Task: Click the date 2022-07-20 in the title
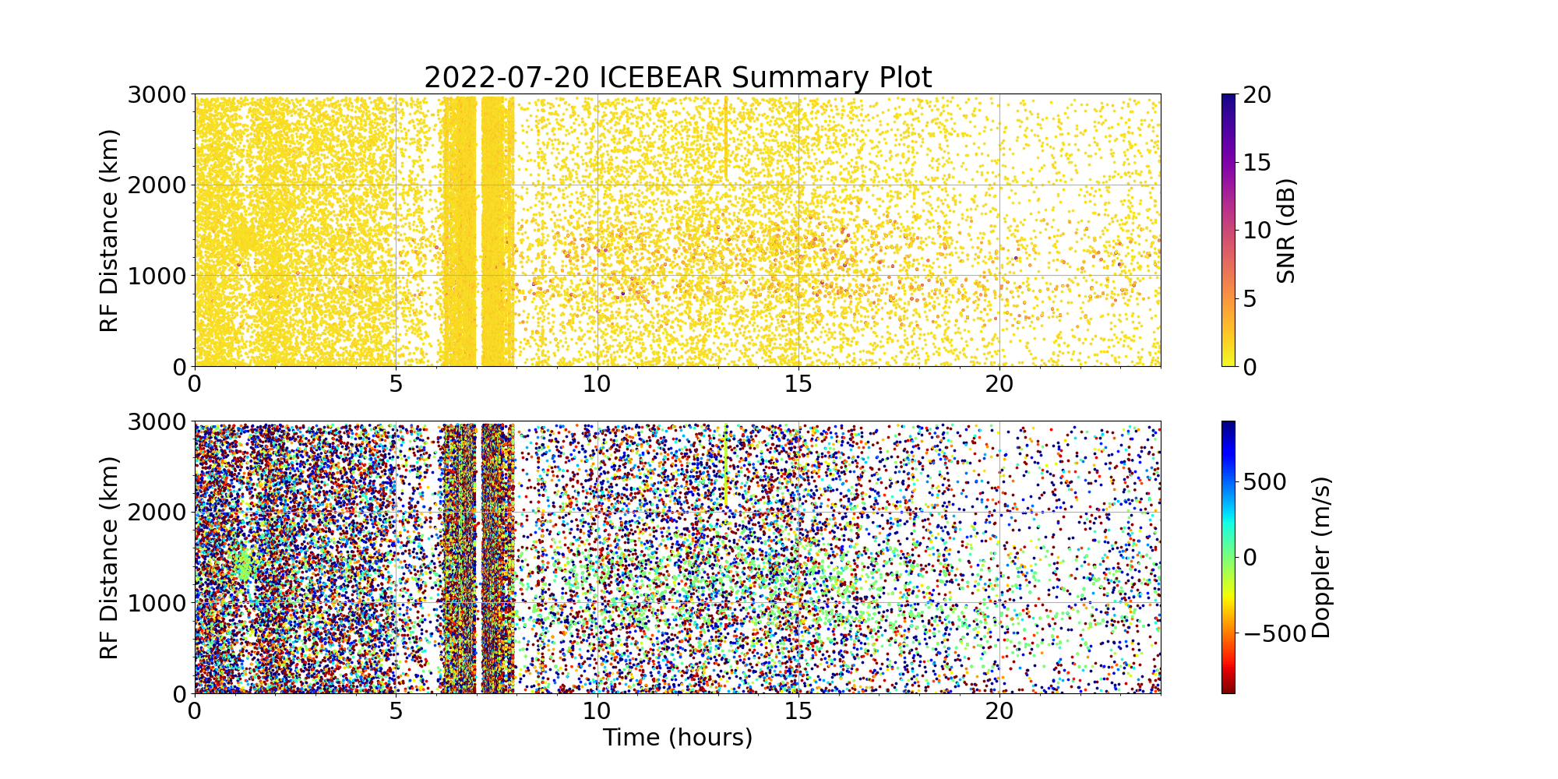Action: click(506, 78)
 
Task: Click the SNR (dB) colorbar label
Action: click(1287, 231)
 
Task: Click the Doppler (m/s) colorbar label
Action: click(1321, 558)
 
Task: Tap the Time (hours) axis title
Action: click(678, 737)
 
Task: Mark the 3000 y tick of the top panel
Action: click(158, 95)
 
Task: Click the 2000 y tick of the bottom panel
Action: click(158, 513)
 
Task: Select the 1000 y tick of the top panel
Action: click(158, 276)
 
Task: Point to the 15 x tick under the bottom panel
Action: click(798, 710)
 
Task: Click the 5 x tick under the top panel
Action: click(396, 383)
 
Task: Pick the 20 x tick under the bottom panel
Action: click(999, 710)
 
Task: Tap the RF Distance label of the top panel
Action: click(110, 231)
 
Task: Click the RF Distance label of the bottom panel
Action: click(110, 558)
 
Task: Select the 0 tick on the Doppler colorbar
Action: click(1249, 558)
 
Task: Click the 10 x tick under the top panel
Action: click(597, 383)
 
